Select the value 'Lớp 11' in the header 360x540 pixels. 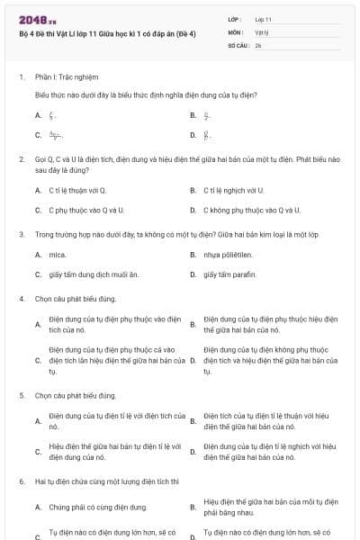point(264,19)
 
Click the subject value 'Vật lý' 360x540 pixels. point(262,31)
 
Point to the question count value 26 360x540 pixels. point(258,44)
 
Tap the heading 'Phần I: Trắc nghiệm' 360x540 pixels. point(67,77)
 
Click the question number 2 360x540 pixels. point(21,158)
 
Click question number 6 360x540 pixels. point(21,481)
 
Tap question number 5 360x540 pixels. point(21,395)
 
